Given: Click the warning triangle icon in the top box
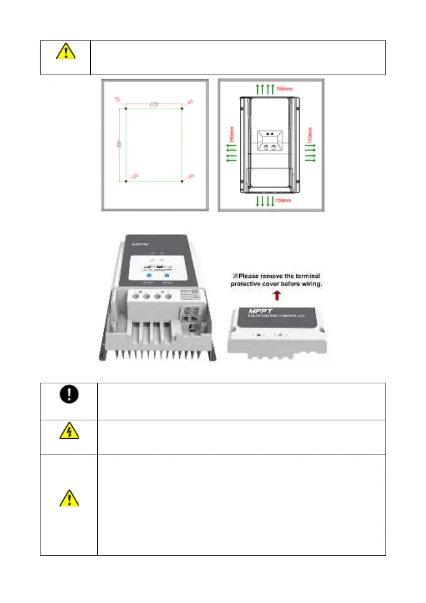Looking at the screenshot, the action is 65,53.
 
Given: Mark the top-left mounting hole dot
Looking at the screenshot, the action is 127,109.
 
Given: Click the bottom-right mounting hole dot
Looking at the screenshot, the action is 183,182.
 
